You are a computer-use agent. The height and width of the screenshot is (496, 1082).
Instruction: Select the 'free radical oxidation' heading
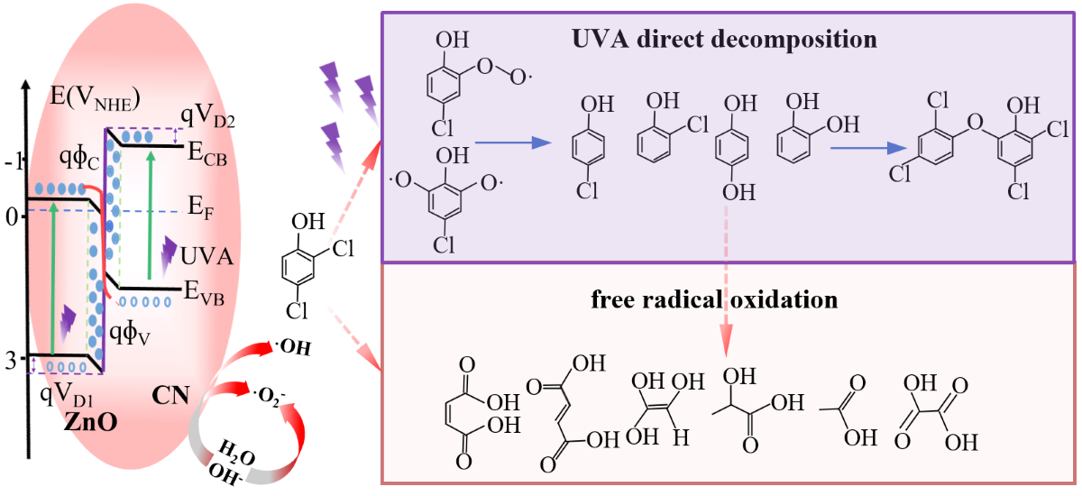point(714,299)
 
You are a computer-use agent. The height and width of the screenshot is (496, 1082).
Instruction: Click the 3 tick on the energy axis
point(11,362)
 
